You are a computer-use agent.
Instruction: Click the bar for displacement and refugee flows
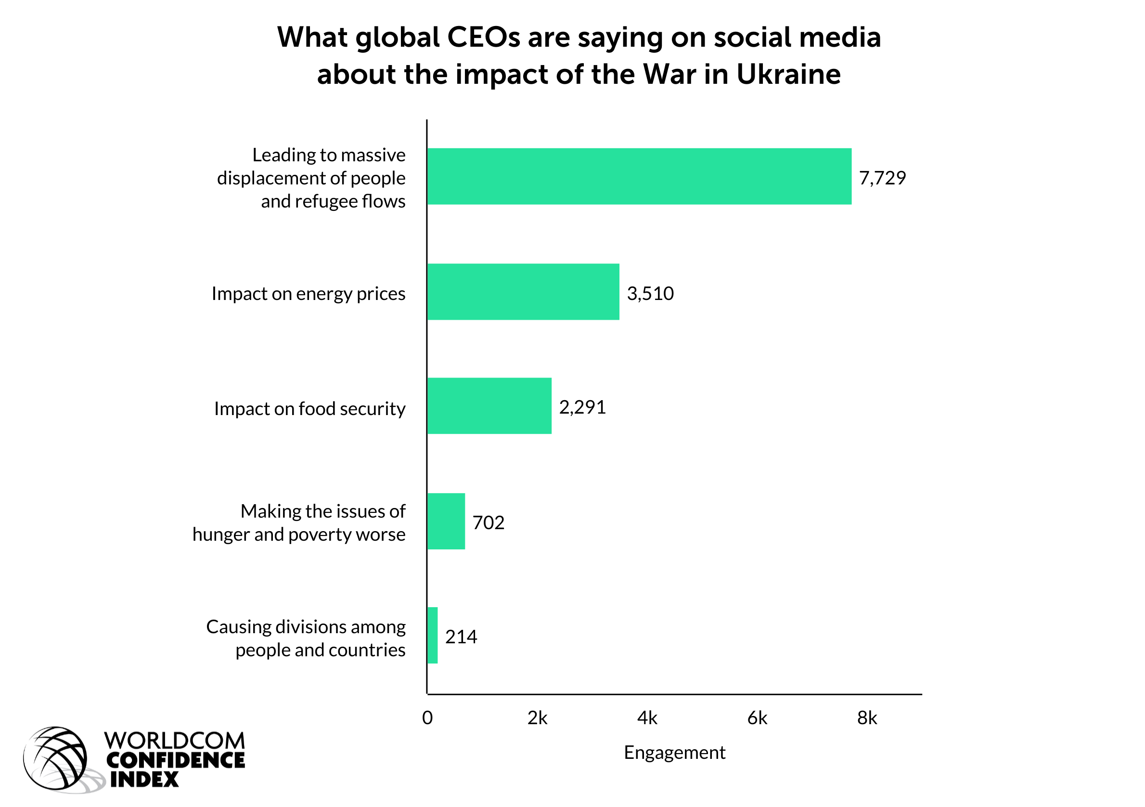click(639, 177)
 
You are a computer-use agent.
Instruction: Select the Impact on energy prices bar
click(523, 292)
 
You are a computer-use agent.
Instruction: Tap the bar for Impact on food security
click(489, 406)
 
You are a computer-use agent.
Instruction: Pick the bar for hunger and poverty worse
click(446, 521)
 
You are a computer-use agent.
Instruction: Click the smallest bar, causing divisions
click(432, 636)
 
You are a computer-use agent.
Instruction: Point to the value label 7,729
click(882, 178)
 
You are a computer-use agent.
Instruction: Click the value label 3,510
click(650, 293)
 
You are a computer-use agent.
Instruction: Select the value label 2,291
click(582, 407)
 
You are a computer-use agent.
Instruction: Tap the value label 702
click(488, 523)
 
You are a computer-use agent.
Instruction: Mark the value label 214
click(461, 637)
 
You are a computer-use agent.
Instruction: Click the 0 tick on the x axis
click(427, 718)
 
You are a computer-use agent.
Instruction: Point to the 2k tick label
click(537, 718)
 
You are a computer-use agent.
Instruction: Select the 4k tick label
click(647, 718)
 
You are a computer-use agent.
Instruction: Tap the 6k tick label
click(757, 718)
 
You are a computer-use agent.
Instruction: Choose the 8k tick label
click(867, 718)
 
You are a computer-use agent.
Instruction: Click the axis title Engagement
click(674, 752)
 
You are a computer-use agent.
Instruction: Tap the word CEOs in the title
click(483, 38)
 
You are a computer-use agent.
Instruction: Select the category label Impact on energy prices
click(308, 294)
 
